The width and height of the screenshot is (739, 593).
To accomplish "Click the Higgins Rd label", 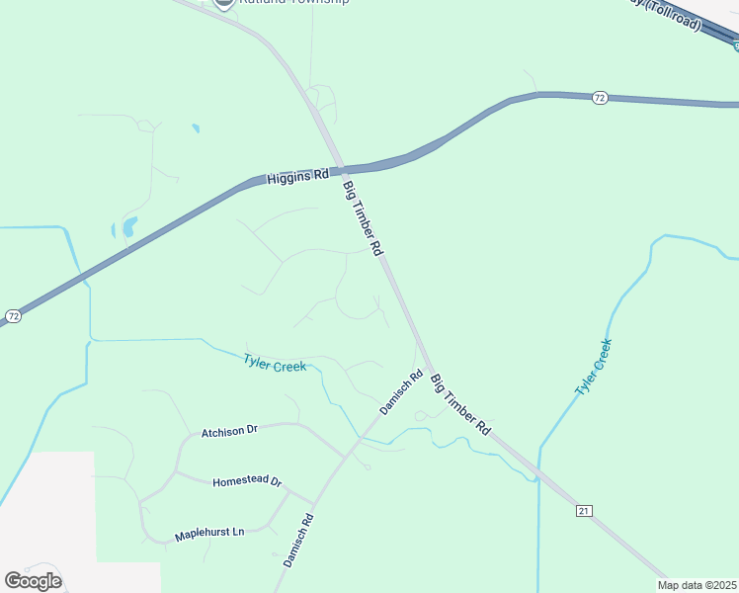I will (297, 177).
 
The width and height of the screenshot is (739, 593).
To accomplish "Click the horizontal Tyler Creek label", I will (275, 362).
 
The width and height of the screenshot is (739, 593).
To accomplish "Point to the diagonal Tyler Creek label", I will (594, 368).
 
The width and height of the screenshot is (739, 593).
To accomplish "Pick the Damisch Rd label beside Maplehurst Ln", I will (297, 541).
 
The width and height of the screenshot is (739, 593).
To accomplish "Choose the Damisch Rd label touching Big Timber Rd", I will (401, 391).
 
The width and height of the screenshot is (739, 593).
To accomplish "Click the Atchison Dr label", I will (229, 431).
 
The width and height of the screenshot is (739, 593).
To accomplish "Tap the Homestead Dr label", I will (247, 482).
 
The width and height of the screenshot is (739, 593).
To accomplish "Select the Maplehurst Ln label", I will (209, 535).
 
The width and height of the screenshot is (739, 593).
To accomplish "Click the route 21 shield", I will (584, 510).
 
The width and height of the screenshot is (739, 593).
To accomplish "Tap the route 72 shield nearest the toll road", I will (600, 97).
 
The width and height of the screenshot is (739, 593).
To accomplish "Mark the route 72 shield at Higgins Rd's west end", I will (12, 316).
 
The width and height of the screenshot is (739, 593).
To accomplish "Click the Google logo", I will (33, 580).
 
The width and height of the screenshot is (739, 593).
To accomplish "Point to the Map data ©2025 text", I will (698, 585).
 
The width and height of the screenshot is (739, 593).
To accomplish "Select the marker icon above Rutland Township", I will (224, 3).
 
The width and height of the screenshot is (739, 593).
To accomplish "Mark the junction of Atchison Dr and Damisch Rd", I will (343, 457).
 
